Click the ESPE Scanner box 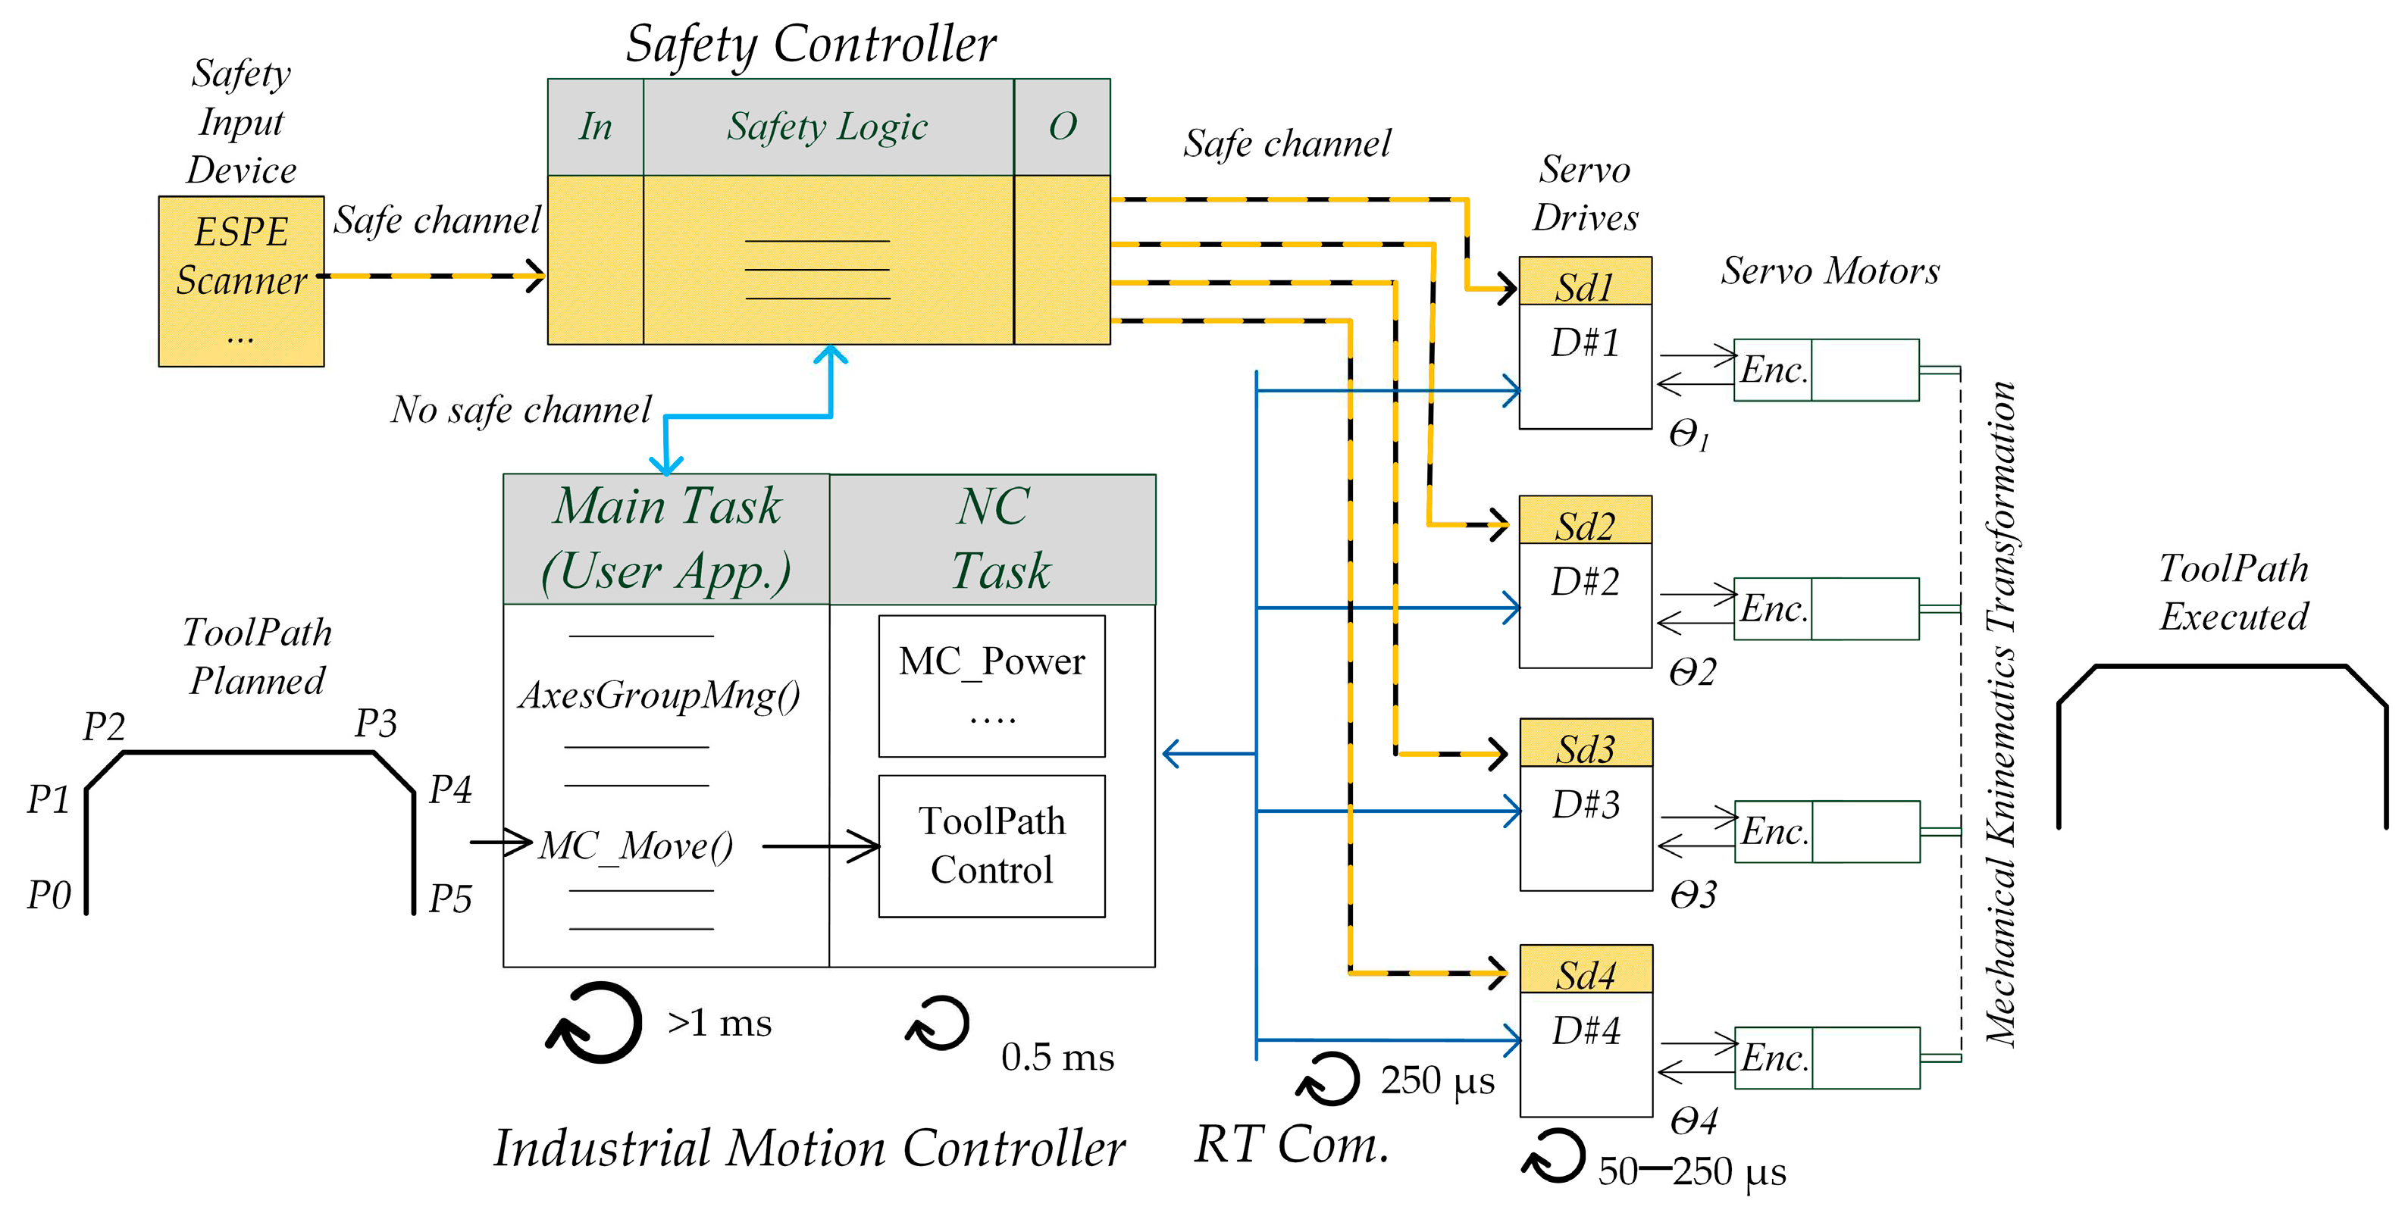(x=241, y=280)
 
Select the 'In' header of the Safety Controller (x=596, y=127)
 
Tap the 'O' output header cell (x=1062, y=127)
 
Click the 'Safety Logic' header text (x=827, y=127)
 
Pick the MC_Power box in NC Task (x=992, y=685)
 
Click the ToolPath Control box (x=992, y=846)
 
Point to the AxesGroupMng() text (x=659, y=696)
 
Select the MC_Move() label (x=637, y=846)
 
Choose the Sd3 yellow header (x=1586, y=745)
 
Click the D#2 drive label (x=1586, y=582)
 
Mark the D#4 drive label (x=1586, y=1030)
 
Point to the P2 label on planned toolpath (x=104, y=726)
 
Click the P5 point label (x=449, y=899)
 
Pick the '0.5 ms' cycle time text (x=1057, y=1058)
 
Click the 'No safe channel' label (x=521, y=409)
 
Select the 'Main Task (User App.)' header (x=666, y=539)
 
